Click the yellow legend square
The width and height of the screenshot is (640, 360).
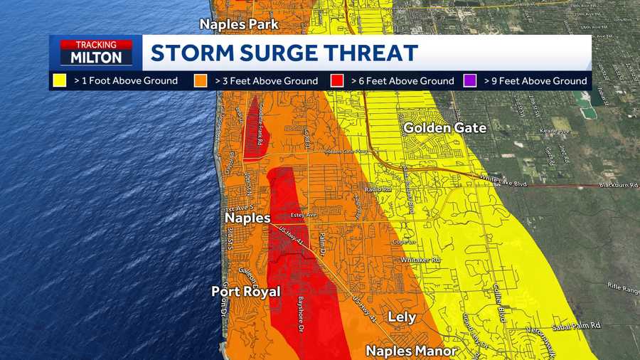click(x=62, y=81)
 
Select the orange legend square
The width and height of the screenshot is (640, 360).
click(x=200, y=81)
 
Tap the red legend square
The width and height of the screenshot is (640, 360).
click(x=338, y=81)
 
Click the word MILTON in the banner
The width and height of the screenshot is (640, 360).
click(x=95, y=58)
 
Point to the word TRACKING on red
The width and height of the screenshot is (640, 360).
click(x=96, y=44)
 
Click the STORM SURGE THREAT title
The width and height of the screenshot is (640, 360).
click(x=284, y=53)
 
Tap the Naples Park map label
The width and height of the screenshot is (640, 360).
click(x=239, y=24)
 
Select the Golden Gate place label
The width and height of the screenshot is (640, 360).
click(x=445, y=128)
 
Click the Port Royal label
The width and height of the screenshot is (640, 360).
click(x=246, y=292)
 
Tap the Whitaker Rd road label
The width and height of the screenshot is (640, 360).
click(x=420, y=260)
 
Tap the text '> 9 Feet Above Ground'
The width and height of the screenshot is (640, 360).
click(x=535, y=81)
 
